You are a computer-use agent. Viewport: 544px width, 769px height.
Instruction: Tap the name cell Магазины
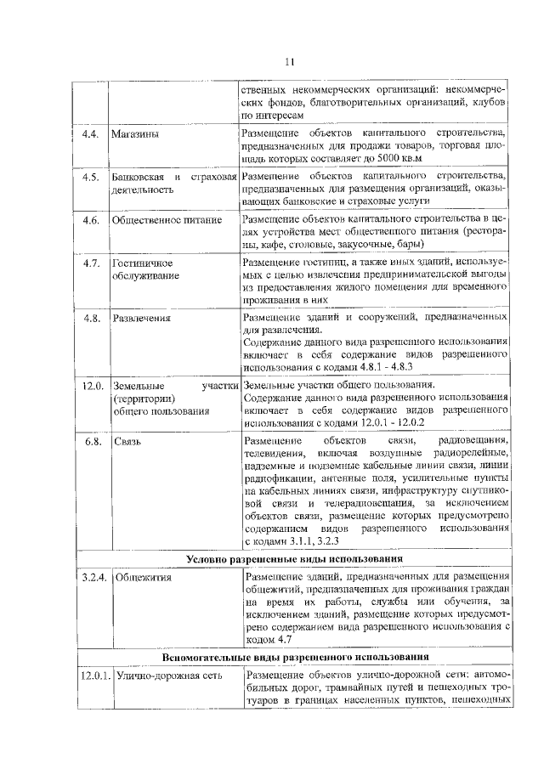(134, 134)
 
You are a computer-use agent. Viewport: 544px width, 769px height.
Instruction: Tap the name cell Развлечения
(141, 319)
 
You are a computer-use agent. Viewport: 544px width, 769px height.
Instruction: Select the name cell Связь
(127, 443)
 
